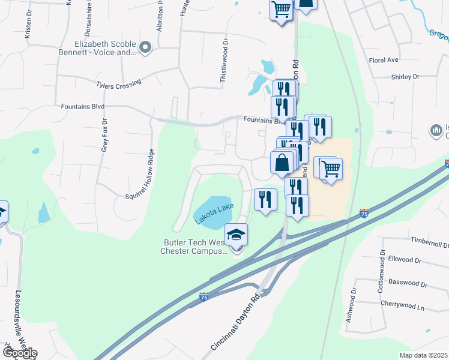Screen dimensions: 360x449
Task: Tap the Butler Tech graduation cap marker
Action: [237, 235]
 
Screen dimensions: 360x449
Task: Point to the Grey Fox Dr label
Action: [104, 136]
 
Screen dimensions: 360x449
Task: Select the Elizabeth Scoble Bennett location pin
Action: [145, 46]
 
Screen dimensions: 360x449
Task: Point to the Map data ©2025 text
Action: [424, 355]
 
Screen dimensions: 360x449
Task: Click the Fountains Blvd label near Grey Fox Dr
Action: [83, 106]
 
